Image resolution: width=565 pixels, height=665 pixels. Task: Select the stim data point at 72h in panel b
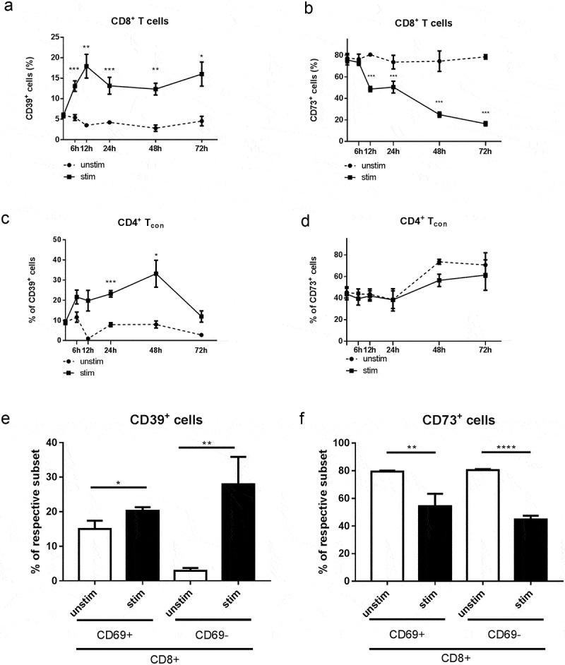485,124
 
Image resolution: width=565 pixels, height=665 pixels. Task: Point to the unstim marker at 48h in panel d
439,261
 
